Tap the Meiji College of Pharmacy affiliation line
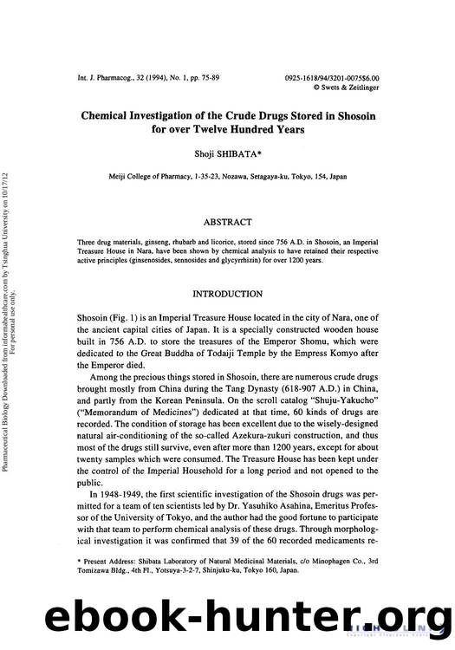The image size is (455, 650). point(228,176)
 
